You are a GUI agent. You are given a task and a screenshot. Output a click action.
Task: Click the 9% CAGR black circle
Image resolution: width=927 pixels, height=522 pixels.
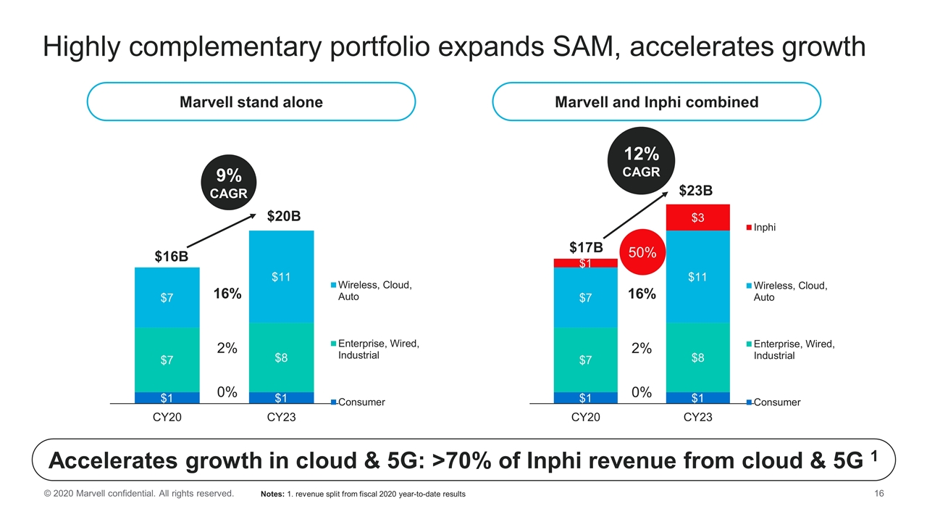point(228,183)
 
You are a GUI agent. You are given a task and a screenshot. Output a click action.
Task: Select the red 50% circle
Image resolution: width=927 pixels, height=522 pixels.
point(642,253)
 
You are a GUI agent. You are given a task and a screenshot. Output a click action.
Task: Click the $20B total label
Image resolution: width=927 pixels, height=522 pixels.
point(284,216)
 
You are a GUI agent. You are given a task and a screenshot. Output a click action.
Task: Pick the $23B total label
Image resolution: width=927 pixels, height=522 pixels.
point(696,191)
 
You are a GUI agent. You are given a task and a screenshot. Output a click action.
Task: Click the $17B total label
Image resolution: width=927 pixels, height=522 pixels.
point(585,248)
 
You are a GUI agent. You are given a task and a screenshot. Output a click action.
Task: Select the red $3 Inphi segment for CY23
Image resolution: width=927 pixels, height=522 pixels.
point(697,217)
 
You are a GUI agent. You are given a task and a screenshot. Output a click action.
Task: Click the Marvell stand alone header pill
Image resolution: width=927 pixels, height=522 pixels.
point(251,102)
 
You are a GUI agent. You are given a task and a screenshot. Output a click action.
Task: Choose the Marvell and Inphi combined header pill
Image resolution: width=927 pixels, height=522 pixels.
point(656,102)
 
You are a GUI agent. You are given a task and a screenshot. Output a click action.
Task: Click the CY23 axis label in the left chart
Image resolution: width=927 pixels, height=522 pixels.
point(281,417)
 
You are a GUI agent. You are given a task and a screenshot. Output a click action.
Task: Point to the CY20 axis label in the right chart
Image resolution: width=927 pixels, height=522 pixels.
point(585,417)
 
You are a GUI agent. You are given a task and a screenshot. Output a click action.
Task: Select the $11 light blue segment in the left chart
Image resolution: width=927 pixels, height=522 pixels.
point(281,276)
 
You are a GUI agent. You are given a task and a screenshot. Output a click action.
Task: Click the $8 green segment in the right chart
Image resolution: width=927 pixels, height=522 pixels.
point(697,357)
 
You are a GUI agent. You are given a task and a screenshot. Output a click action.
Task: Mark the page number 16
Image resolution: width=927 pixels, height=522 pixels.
point(881,494)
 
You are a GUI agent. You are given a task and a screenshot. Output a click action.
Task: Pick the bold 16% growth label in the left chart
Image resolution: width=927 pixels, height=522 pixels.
point(227,294)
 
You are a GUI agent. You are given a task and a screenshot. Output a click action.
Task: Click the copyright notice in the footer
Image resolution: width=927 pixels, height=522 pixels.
point(138,494)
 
